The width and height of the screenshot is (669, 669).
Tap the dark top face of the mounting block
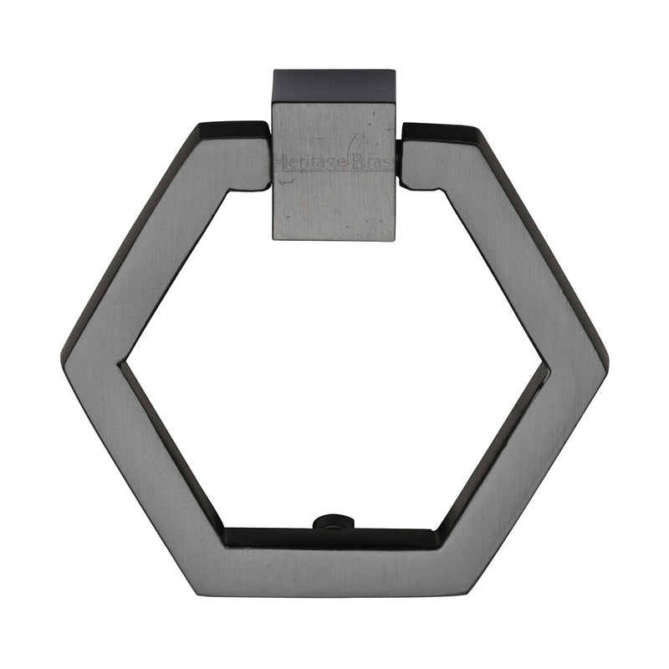(x=333, y=86)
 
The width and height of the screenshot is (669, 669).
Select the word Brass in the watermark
(x=370, y=161)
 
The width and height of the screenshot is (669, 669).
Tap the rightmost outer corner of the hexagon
(x=608, y=360)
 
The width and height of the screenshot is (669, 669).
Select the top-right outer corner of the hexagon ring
(x=477, y=129)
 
